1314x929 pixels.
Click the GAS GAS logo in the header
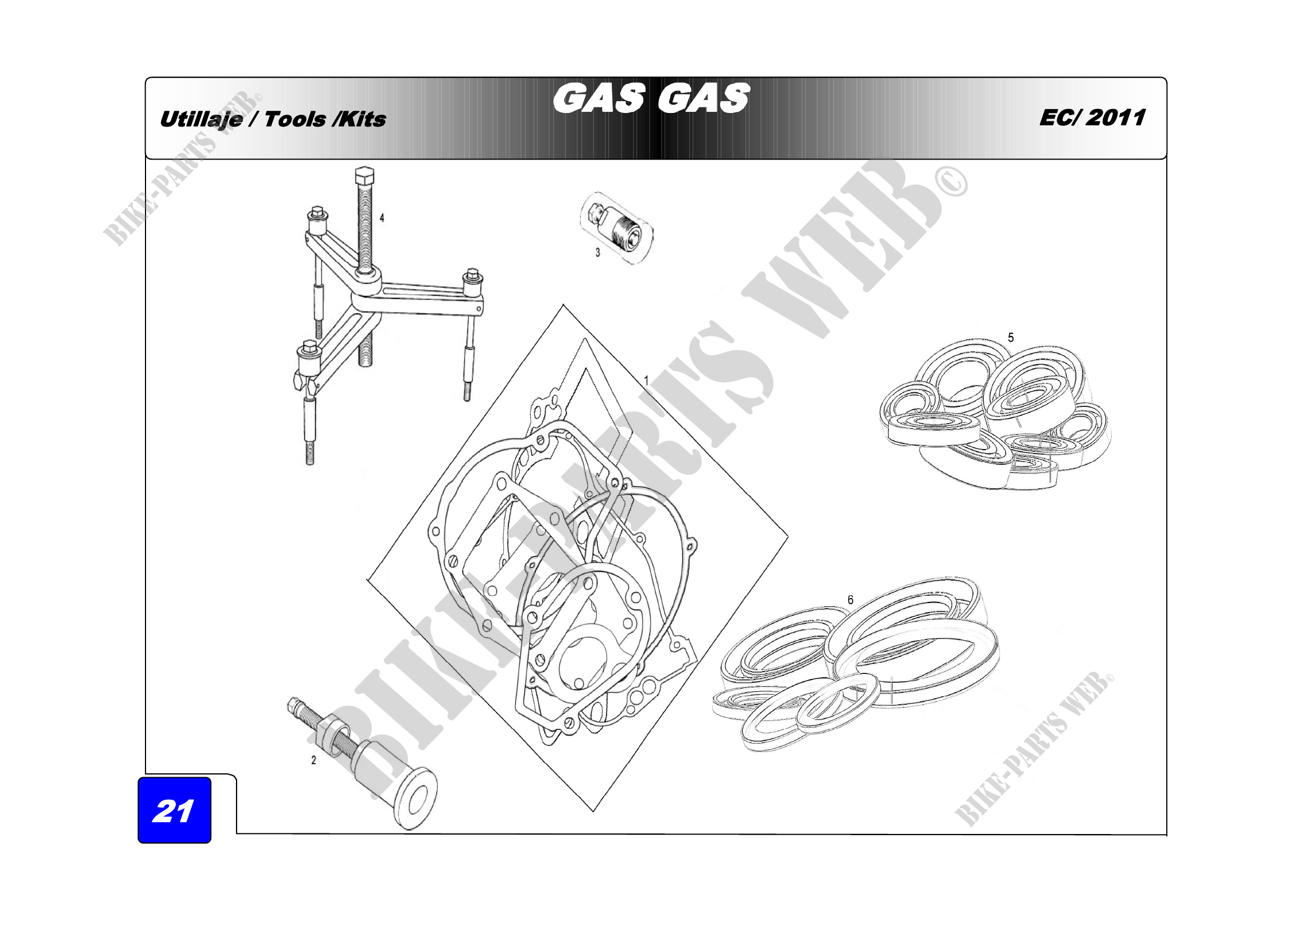coord(651,98)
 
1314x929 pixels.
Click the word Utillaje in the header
coord(201,120)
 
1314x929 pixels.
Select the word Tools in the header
coord(295,120)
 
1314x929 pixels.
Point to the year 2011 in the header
coord(1116,117)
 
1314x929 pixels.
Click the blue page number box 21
coord(175,810)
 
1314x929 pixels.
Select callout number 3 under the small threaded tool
coord(598,252)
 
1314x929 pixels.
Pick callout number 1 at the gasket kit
coord(646,380)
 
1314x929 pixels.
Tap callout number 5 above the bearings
coord(1011,338)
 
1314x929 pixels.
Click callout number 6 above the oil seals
coord(851,600)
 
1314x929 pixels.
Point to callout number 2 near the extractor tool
coord(313,760)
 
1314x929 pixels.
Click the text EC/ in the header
coord(1060,117)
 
